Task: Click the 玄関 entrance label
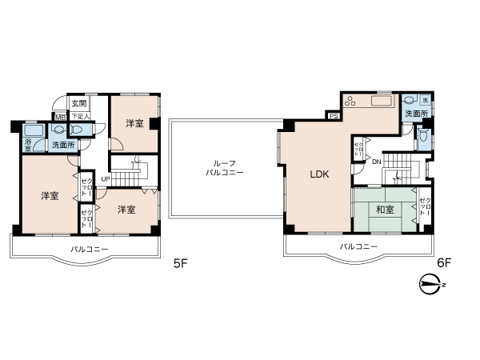coord(78,104)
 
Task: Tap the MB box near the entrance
coord(59,117)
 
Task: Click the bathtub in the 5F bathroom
coord(34,131)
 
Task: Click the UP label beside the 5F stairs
coord(105,178)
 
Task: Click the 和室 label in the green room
coord(385,210)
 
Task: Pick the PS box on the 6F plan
coord(334,116)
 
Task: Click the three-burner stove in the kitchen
coord(353,102)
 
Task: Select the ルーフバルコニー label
coord(219,167)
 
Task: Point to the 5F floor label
coord(180,262)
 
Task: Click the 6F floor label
coord(444,262)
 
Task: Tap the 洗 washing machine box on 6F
coord(426,99)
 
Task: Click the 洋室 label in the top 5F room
coord(134,123)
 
